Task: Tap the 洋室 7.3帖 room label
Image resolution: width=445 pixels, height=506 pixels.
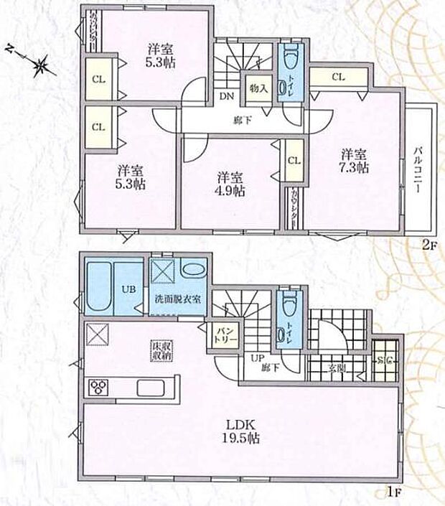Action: point(354,161)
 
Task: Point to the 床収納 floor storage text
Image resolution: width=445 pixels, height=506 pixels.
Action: point(159,350)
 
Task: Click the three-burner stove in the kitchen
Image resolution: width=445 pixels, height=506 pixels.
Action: point(97,388)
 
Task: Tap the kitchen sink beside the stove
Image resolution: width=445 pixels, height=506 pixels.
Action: point(151,388)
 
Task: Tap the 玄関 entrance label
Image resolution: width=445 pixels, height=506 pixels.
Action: point(337,368)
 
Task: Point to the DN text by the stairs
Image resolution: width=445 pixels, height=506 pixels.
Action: point(225,95)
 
